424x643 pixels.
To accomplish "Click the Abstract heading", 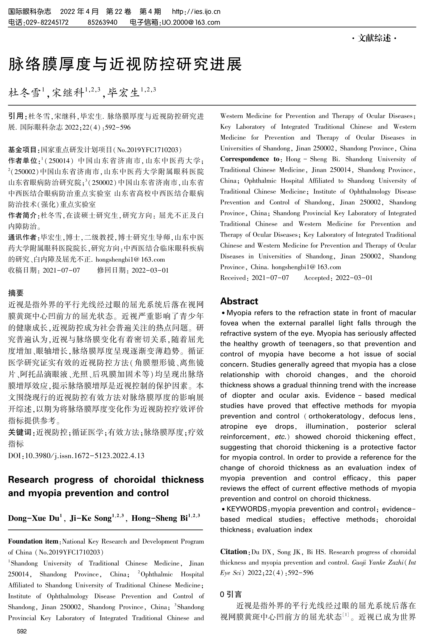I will coord(239,301).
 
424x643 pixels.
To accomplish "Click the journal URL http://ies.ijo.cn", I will coord(196,12).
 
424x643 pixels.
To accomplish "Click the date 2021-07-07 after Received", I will coord(270,278).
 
